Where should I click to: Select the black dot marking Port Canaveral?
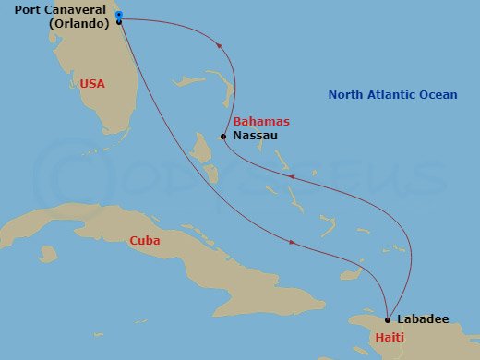(x=120, y=22)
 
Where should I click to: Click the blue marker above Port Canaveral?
(x=119, y=14)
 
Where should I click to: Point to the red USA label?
(x=92, y=83)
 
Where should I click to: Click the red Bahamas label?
(x=261, y=122)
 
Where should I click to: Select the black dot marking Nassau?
(x=223, y=137)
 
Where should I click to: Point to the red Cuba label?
(x=145, y=241)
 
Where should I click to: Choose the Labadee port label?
(x=423, y=319)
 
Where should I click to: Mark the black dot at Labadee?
(x=388, y=319)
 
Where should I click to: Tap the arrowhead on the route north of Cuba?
(x=293, y=243)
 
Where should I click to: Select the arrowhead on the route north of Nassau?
(x=220, y=42)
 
